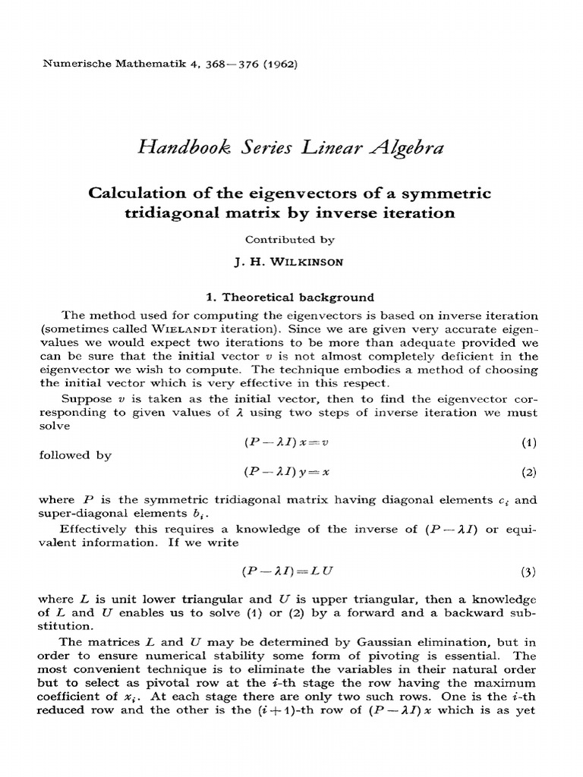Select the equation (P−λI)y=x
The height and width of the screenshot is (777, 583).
tap(285, 471)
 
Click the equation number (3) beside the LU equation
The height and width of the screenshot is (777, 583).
tap(528, 571)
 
